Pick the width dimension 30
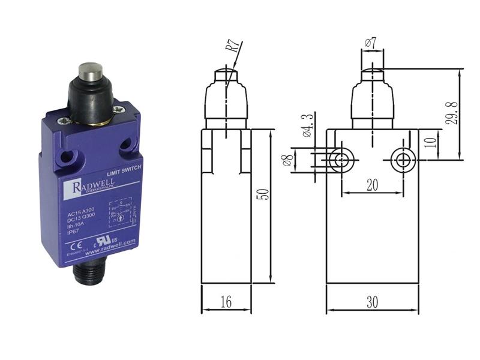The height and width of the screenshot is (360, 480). (372, 302)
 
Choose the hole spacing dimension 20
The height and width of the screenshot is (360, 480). (372, 185)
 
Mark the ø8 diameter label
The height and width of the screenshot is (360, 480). (288, 160)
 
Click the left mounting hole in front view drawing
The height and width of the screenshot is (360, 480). (342, 160)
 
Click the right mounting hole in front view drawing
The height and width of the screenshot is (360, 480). (402, 160)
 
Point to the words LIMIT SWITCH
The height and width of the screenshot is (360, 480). (124, 172)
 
